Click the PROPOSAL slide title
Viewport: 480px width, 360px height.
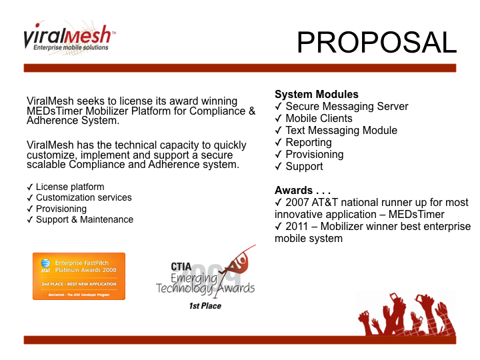point(377,42)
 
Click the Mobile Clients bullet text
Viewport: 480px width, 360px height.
point(319,118)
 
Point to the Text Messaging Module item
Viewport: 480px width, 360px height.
point(341,130)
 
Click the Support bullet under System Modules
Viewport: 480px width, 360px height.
point(304,166)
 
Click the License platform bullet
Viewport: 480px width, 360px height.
point(70,187)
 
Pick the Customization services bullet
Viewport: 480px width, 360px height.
point(83,197)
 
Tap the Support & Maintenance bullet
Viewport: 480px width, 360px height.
point(84,219)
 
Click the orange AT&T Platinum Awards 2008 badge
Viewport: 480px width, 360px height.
point(79,276)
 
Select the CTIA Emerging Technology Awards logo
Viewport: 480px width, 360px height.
point(205,273)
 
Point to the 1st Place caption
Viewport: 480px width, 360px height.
point(205,305)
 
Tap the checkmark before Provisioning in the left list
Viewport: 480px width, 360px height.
point(30,209)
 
